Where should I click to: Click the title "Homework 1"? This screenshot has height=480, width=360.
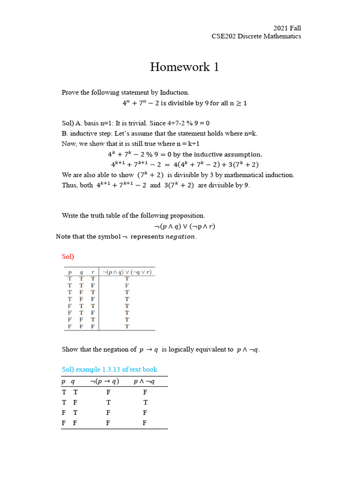[x=184, y=67]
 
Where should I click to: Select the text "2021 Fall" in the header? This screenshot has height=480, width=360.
[x=287, y=28]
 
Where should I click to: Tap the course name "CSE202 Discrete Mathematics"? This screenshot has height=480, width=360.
[x=256, y=37]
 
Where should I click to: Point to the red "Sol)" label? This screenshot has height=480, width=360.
[x=68, y=256]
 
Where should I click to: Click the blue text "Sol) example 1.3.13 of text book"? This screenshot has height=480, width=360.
[x=110, y=369]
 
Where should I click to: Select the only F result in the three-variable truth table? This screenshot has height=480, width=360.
[x=127, y=285]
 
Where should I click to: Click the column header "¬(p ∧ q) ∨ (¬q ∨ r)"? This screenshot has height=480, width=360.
[x=127, y=272]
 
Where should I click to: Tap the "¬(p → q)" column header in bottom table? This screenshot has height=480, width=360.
[x=105, y=382]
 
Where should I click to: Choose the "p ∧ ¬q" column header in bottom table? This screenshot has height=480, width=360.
[x=144, y=382]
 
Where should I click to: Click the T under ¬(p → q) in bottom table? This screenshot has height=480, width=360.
[x=108, y=402]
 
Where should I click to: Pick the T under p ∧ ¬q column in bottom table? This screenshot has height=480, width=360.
[x=145, y=402]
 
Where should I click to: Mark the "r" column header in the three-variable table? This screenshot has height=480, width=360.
[x=93, y=272]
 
